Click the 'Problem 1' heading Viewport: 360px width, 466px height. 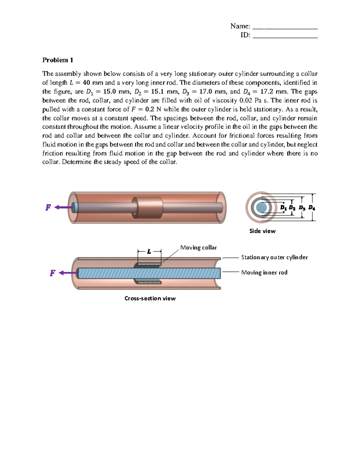tap(58, 60)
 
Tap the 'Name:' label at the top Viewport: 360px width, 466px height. tap(240, 26)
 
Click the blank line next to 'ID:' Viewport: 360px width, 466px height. tap(285, 35)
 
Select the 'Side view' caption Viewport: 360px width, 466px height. tap(262, 231)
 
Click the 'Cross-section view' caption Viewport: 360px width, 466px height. tap(150, 298)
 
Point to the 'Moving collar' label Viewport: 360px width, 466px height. tap(198, 248)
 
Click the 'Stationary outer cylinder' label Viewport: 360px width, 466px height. tap(274, 257)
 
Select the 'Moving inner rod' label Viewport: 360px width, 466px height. tap(264, 272)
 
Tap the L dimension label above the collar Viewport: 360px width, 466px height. tap(149, 251)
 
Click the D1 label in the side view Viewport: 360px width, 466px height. tap(283, 208)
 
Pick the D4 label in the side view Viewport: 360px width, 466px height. tap(312, 208)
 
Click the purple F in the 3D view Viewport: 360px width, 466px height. tap(48, 207)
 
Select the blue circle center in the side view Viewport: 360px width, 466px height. tap(262, 207)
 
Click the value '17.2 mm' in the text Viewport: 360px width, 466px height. tap(274, 92)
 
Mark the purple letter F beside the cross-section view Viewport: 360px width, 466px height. tap(52, 273)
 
